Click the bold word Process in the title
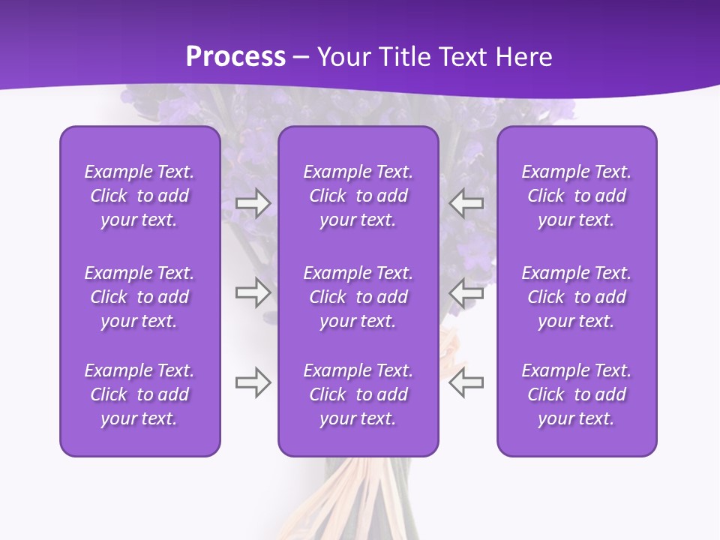tap(235, 57)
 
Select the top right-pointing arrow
tap(253, 203)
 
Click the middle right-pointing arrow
tap(253, 292)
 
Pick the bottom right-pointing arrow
tap(253, 382)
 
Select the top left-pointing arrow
tap(466, 203)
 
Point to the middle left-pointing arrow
tap(466, 292)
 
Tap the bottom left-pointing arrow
tap(466, 382)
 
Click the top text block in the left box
tap(139, 196)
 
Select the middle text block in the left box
tap(139, 297)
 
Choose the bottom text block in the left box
tap(139, 394)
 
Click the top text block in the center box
tap(358, 196)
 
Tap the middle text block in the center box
tap(358, 297)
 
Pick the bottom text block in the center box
tap(358, 394)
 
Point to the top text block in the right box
tap(577, 196)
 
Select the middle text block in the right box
tap(577, 297)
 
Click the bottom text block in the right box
tap(577, 394)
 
